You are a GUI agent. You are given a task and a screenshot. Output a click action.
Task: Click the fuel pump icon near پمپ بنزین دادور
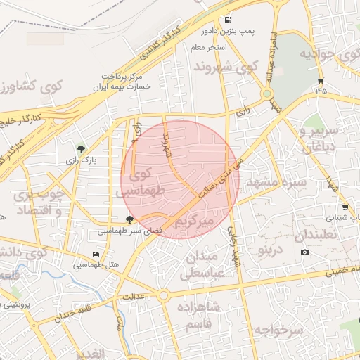tap(228, 20)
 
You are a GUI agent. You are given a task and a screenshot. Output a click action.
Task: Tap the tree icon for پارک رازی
tap(82, 148)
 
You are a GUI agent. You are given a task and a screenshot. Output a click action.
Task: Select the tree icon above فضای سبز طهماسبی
tap(128, 219)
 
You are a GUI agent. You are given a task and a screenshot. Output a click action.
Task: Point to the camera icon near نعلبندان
tap(304, 252)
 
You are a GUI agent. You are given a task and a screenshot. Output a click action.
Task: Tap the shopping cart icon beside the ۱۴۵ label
tap(321, 80)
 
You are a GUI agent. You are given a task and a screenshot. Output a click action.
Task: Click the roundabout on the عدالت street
tap(163, 296)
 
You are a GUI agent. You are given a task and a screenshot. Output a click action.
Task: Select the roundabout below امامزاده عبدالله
tap(267, 94)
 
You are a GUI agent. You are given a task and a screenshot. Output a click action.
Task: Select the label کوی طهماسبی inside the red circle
tap(148, 181)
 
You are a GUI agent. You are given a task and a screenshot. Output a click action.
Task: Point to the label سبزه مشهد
tap(274, 182)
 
